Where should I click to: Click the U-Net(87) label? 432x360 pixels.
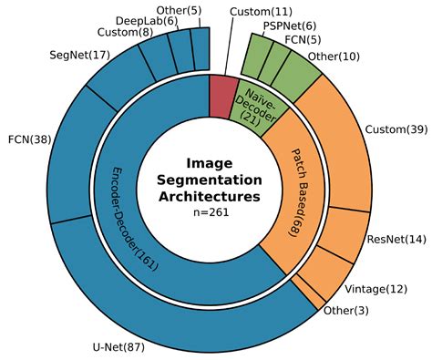pos(118,347)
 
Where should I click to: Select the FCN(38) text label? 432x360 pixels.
pos(30,141)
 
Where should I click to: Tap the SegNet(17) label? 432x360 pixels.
pos(80,56)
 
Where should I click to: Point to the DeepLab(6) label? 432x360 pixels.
pos(147,21)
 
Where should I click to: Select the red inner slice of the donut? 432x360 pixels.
pos(223,96)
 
